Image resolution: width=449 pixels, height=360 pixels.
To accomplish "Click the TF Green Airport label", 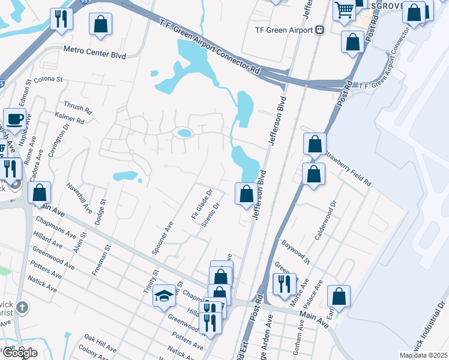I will [x=284, y=30].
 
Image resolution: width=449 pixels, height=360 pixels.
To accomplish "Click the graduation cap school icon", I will [x=164, y=296].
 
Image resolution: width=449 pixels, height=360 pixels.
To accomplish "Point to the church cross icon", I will [x=22, y=308].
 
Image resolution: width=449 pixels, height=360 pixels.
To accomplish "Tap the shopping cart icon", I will [x=344, y=9].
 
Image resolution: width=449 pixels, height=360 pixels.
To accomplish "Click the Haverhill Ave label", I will [x=79, y=198].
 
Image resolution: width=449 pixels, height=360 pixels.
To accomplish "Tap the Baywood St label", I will [x=296, y=251].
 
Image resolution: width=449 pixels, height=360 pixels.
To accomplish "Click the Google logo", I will [x=19, y=353].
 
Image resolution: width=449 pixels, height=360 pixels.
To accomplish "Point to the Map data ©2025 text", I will [x=423, y=355].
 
